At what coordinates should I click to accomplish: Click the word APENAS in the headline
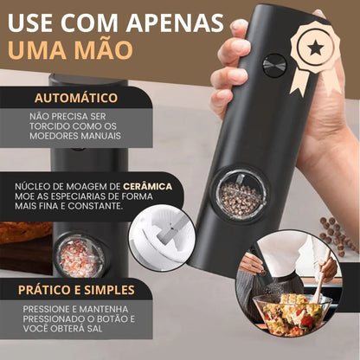(x=175, y=22)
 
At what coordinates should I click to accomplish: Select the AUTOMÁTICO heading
(x=76, y=98)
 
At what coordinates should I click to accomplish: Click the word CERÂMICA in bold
(x=148, y=186)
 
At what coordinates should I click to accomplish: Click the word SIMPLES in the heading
(x=106, y=290)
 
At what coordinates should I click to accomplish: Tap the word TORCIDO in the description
(x=49, y=126)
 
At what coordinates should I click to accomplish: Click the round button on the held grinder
(x=274, y=66)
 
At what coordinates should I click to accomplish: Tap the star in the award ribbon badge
(x=315, y=48)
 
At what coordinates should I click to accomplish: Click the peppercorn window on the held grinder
(x=241, y=194)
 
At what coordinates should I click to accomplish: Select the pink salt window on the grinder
(x=79, y=256)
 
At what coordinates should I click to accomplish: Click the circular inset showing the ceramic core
(x=162, y=238)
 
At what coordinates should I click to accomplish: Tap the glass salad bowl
(x=292, y=312)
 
